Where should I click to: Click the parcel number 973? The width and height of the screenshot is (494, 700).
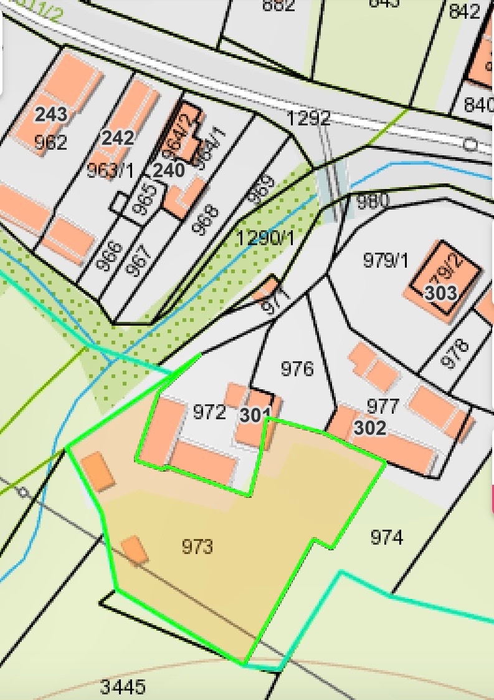pyautogui.click(x=197, y=547)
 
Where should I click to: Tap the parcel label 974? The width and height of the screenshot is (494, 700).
pyautogui.click(x=386, y=537)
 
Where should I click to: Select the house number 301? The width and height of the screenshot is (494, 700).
pyautogui.click(x=255, y=414)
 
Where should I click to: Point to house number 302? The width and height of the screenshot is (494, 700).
pyautogui.click(x=370, y=429)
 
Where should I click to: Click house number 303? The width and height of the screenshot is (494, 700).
pyautogui.click(x=441, y=293)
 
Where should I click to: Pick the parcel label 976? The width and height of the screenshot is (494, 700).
pyautogui.click(x=297, y=369)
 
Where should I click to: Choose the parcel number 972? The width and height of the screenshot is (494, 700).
pyautogui.click(x=209, y=412)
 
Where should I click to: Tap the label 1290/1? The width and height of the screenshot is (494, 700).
pyautogui.click(x=266, y=237)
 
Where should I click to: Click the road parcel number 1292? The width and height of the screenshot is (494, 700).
pyautogui.click(x=308, y=119)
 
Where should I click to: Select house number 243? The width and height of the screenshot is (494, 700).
pyautogui.click(x=51, y=114)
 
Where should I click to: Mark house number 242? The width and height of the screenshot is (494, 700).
pyautogui.click(x=118, y=137)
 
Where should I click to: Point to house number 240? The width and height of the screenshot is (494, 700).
pyautogui.click(x=168, y=170)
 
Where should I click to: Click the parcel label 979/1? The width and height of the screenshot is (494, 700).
pyautogui.click(x=386, y=260)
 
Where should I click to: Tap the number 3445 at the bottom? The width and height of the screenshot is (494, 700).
pyautogui.click(x=123, y=688)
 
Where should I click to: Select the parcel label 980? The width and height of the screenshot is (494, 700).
pyautogui.click(x=373, y=201)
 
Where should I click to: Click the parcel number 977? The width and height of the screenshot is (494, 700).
pyautogui.click(x=382, y=407)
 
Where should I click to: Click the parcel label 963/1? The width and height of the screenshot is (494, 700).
pyautogui.click(x=110, y=171)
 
